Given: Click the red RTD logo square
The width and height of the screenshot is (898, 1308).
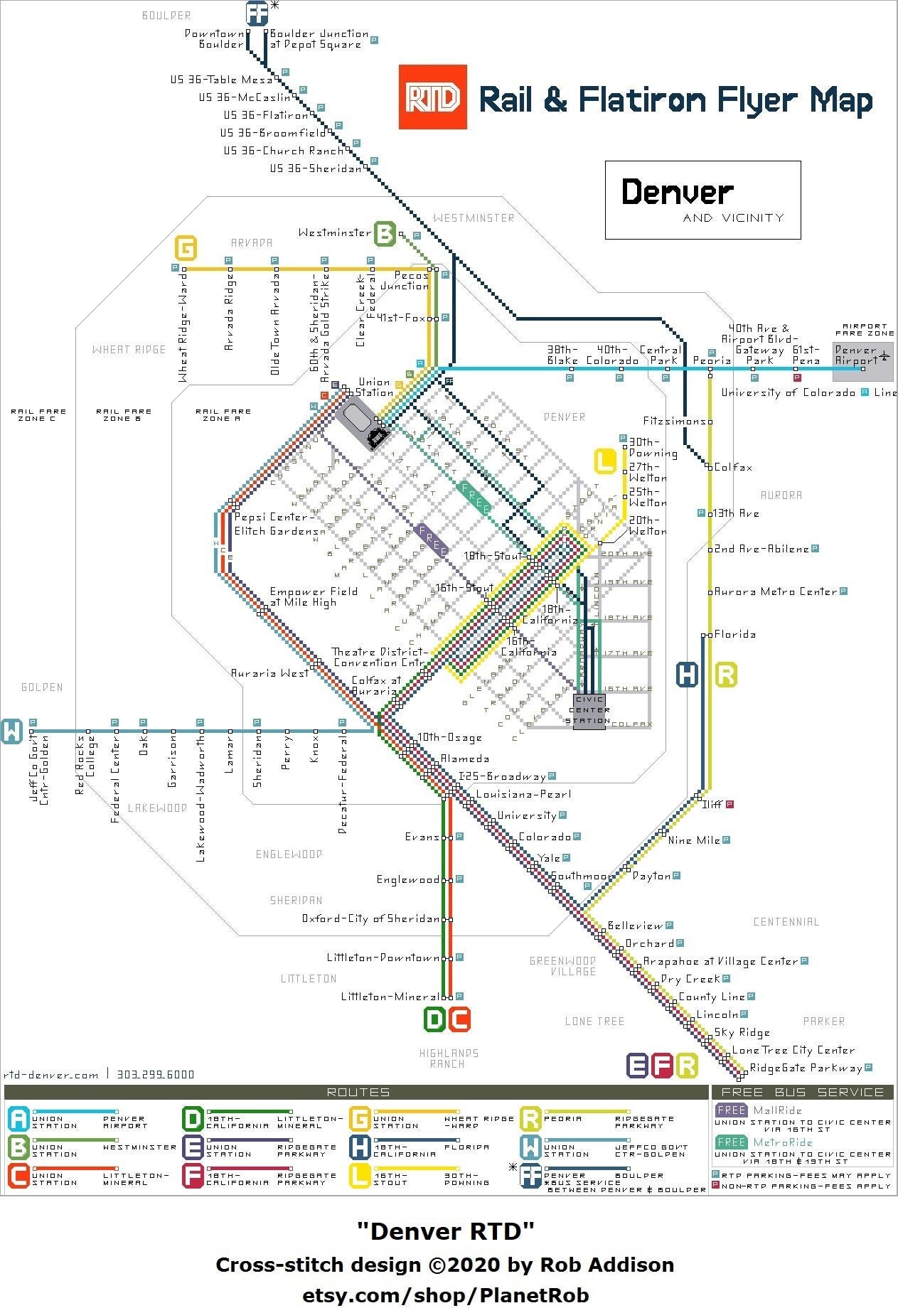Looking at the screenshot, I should pyautogui.click(x=432, y=97).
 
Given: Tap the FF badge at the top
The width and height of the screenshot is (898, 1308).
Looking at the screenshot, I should pyautogui.click(x=257, y=13).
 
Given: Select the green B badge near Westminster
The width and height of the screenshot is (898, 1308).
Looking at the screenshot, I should pyautogui.click(x=385, y=233).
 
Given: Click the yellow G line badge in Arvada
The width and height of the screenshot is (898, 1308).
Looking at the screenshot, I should pyautogui.click(x=186, y=249).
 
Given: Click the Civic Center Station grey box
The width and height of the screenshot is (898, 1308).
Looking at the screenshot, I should pyautogui.click(x=589, y=710).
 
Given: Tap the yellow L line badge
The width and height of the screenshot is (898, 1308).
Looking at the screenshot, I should pyautogui.click(x=605, y=461).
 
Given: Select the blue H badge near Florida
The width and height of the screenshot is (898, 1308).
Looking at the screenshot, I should pyautogui.click(x=687, y=674).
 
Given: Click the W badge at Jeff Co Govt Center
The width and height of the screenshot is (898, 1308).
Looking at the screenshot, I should pyautogui.click(x=12, y=731).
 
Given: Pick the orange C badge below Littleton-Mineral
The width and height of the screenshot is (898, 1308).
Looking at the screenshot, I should pyautogui.click(x=459, y=1019).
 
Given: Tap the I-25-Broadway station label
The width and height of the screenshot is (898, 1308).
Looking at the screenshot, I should pyautogui.click(x=502, y=777).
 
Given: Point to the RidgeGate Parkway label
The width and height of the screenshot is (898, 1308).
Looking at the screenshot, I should pyautogui.click(x=806, y=1068).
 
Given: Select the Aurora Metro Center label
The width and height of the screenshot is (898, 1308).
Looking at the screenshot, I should pyautogui.click(x=775, y=591).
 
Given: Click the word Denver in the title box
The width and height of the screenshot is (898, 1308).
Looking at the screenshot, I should pyautogui.click(x=677, y=192).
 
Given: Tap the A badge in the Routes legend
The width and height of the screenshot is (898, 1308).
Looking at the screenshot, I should pyautogui.click(x=18, y=1119).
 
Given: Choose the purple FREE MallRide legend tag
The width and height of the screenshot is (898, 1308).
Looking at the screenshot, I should pyautogui.click(x=731, y=1110).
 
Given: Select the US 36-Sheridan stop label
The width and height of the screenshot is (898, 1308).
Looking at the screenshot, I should pyautogui.click(x=315, y=168).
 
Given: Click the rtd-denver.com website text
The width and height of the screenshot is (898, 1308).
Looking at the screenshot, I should pyautogui.click(x=50, y=1075).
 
